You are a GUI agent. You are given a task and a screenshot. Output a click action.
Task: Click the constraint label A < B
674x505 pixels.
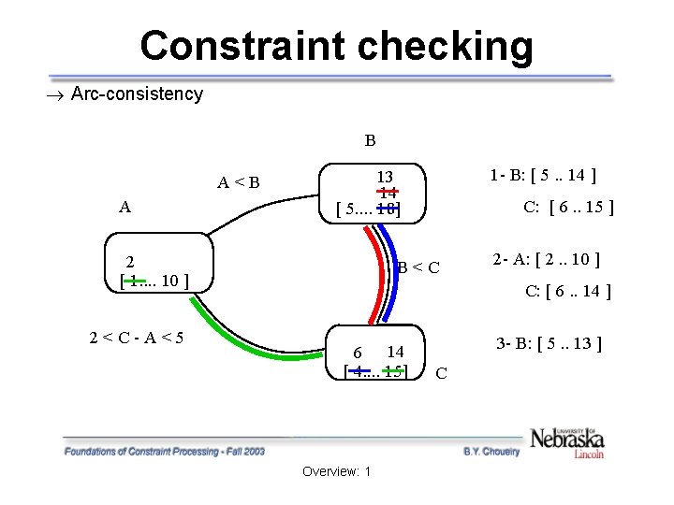click(x=239, y=182)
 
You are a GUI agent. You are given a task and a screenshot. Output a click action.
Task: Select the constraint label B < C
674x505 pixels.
click(x=418, y=269)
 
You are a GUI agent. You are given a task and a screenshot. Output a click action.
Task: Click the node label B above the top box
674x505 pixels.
click(x=371, y=141)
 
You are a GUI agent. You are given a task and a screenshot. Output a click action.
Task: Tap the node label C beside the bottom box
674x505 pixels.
click(x=441, y=374)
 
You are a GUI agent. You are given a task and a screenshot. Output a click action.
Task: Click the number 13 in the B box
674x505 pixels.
click(x=385, y=177)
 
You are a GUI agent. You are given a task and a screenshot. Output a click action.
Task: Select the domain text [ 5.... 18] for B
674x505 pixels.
click(x=368, y=209)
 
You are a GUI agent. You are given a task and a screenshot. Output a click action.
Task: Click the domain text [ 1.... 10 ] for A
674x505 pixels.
click(x=157, y=280)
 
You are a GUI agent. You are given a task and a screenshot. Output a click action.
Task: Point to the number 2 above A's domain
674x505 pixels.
click(x=131, y=262)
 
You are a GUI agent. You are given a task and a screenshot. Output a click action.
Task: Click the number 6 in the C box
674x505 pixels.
click(x=358, y=353)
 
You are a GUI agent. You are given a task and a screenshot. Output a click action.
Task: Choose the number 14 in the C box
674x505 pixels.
click(x=395, y=352)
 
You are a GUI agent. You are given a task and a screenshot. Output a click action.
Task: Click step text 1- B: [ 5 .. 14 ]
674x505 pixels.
click(x=544, y=174)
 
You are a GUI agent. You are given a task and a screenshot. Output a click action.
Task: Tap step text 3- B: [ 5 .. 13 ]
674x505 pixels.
click(x=548, y=343)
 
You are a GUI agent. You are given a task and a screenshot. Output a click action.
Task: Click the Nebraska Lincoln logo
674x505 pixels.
click(x=567, y=440)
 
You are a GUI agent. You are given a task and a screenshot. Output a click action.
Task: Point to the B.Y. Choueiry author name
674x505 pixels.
click(x=491, y=451)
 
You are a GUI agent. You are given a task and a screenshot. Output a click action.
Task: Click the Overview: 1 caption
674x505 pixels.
click(x=337, y=470)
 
